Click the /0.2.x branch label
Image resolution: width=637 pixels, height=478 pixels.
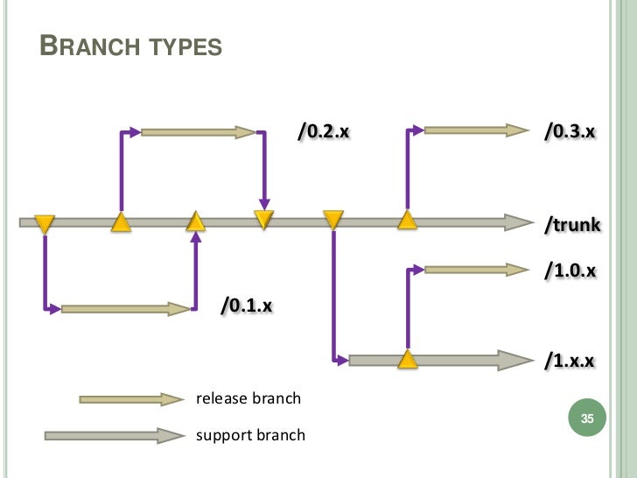click(324, 131)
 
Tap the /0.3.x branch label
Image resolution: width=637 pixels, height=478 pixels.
click(570, 131)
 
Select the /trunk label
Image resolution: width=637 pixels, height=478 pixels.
click(572, 224)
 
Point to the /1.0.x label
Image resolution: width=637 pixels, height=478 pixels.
click(570, 271)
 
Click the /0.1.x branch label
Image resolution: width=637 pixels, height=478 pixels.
click(247, 305)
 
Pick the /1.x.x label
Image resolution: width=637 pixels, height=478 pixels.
click(570, 360)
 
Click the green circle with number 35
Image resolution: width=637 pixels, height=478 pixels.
click(587, 418)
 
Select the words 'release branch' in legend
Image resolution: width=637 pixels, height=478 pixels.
click(248, 398)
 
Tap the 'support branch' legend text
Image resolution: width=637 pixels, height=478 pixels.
click(250, 435)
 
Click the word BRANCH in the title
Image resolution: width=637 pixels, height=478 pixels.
click(90, 46)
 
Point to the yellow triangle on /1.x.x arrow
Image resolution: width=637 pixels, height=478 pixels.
click(408, 359)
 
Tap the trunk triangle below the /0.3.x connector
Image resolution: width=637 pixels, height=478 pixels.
click(408, 220)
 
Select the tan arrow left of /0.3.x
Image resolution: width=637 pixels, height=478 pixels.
click(477, 130)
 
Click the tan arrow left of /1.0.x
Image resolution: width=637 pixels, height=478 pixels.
click(477, 270)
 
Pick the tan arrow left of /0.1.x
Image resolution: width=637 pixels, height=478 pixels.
click(125, 309)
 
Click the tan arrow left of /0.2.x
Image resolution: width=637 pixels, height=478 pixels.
click(199, 132)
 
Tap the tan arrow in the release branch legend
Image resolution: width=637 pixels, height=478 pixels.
click(131, 399)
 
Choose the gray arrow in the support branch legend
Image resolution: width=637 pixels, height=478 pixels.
click(115, 436)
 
